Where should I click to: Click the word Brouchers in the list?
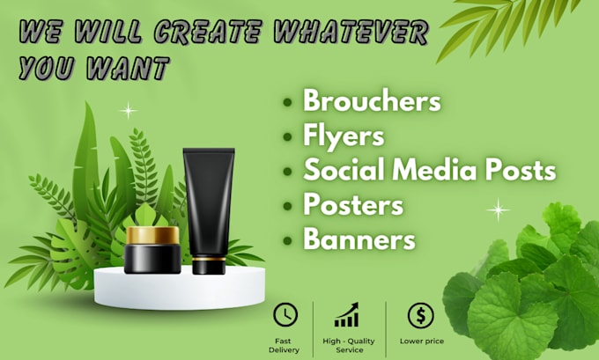pos(371,101)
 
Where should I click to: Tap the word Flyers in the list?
pos(344,136)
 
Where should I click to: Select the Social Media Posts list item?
pos(429,169)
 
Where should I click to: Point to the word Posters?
pos(352,204)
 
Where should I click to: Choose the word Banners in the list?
pos(359,238)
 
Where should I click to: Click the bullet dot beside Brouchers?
pos(287,103)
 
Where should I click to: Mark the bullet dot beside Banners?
pos(287,239)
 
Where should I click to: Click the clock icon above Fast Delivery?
pos(285,314)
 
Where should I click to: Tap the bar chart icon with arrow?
pos(347,315)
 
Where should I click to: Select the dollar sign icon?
pos(420,314)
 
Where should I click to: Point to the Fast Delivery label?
pos(285,344)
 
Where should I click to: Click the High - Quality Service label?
pos(347,344)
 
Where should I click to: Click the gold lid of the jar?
pos(152,235)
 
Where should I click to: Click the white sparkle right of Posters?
pos(499,209)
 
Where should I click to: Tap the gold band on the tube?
pos(209,262)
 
